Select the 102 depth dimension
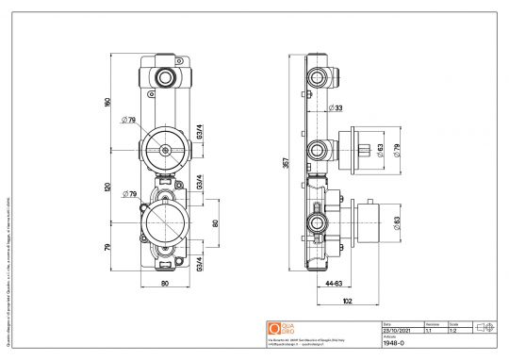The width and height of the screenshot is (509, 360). click(x=348, y=302)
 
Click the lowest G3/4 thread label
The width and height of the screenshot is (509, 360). click(x=200, y=263)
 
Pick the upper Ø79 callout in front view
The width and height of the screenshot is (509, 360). click(x=129, y=120)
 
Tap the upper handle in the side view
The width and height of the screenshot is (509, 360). click(x=362, y=148)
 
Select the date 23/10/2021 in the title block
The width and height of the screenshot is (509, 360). click(x=394, y=331)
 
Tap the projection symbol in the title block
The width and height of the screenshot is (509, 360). click(x=486, y=326)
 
